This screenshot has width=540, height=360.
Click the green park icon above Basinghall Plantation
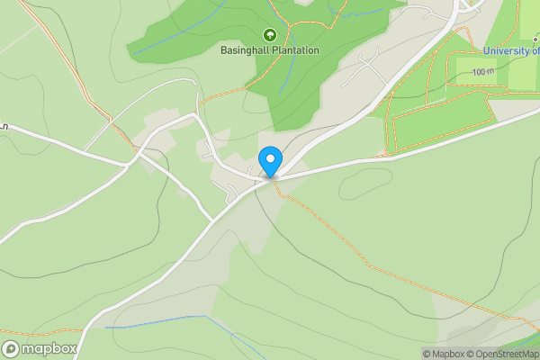269,35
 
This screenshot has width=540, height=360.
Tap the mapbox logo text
49,348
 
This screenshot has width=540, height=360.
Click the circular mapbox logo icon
12,348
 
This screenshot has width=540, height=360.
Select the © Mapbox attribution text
445,354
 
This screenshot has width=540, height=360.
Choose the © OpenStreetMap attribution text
504,354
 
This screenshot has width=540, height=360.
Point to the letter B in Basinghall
224,50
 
